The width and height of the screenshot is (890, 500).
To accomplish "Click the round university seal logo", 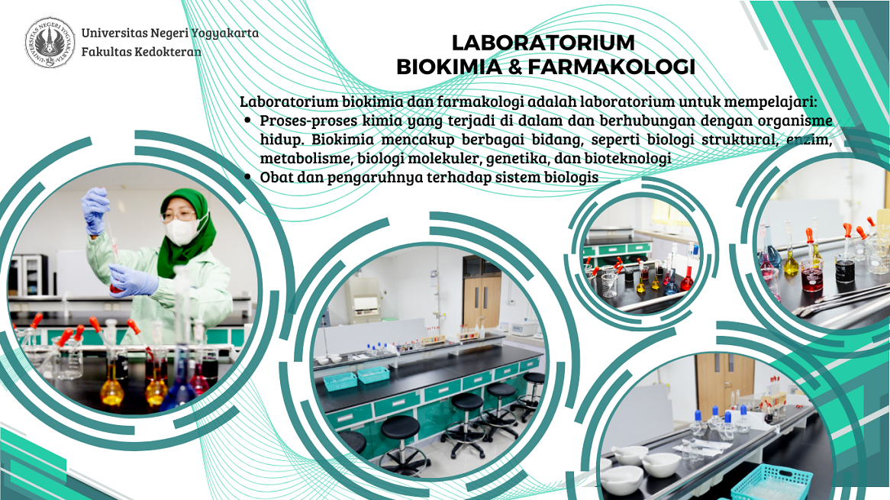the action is click(50, 42).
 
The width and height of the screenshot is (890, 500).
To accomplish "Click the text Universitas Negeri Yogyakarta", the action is click(169, 33).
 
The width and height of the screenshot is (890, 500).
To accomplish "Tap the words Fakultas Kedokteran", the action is click(141, 52).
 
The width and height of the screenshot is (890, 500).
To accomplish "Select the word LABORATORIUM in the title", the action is click(543, 43).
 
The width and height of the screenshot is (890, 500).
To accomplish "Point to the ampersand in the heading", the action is click(514, 67).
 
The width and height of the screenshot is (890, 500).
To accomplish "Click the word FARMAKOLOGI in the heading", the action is click(611, 67).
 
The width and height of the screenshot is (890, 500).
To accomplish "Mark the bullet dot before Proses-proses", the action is click(247, 121).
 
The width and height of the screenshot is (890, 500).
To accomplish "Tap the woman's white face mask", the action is click(183, 230).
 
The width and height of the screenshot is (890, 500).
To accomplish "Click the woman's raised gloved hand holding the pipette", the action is click(95, 211).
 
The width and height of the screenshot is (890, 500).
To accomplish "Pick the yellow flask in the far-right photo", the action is click(791, 262).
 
